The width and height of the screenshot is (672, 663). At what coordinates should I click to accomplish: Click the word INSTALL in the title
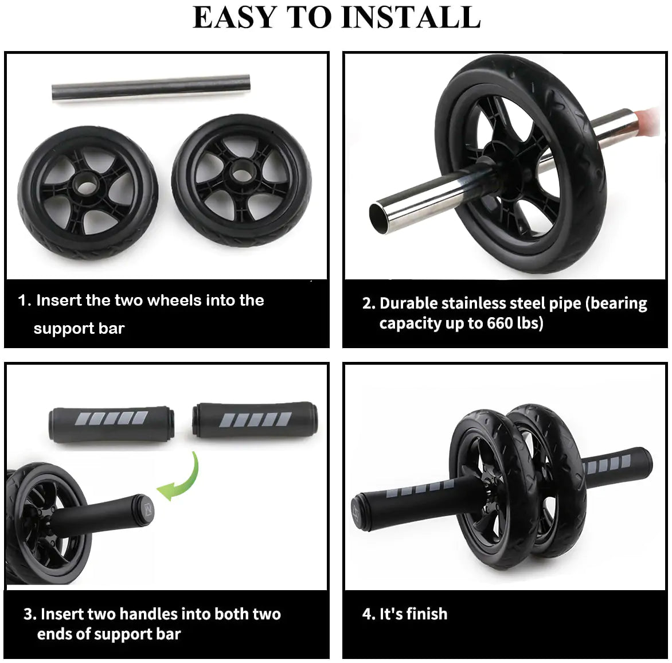pyautogui.click(x=410, y=17)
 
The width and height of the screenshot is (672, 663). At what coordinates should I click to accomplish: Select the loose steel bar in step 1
pyautogui.click(x=151, y=88)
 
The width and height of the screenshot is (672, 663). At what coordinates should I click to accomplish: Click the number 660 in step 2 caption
pyautogui.click(x=499, y=323)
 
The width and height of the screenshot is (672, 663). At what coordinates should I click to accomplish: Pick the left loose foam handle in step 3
pyautogui.click(x=111, y=424)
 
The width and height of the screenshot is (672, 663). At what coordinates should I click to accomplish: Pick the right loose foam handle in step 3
pyautogui.click(x=255, y=420)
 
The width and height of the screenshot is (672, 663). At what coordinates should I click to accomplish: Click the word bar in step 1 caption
pyautogui.click(x=111, y=329)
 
